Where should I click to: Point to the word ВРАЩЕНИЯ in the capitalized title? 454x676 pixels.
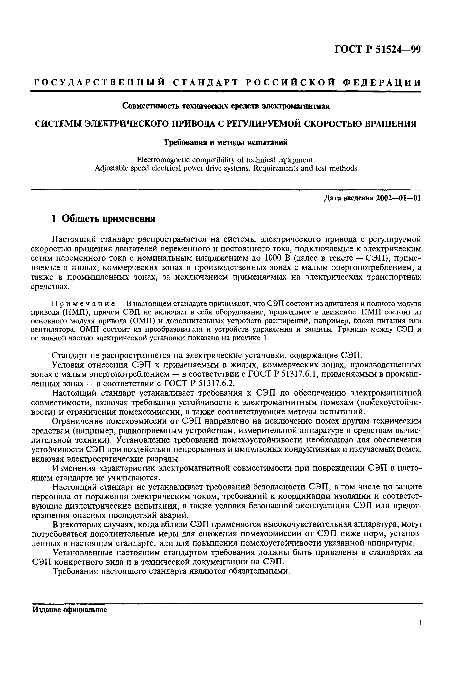pyautogui.click(x=390, y=124)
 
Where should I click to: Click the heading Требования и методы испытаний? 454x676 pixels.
pyautogui.click(x=226, y=142)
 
